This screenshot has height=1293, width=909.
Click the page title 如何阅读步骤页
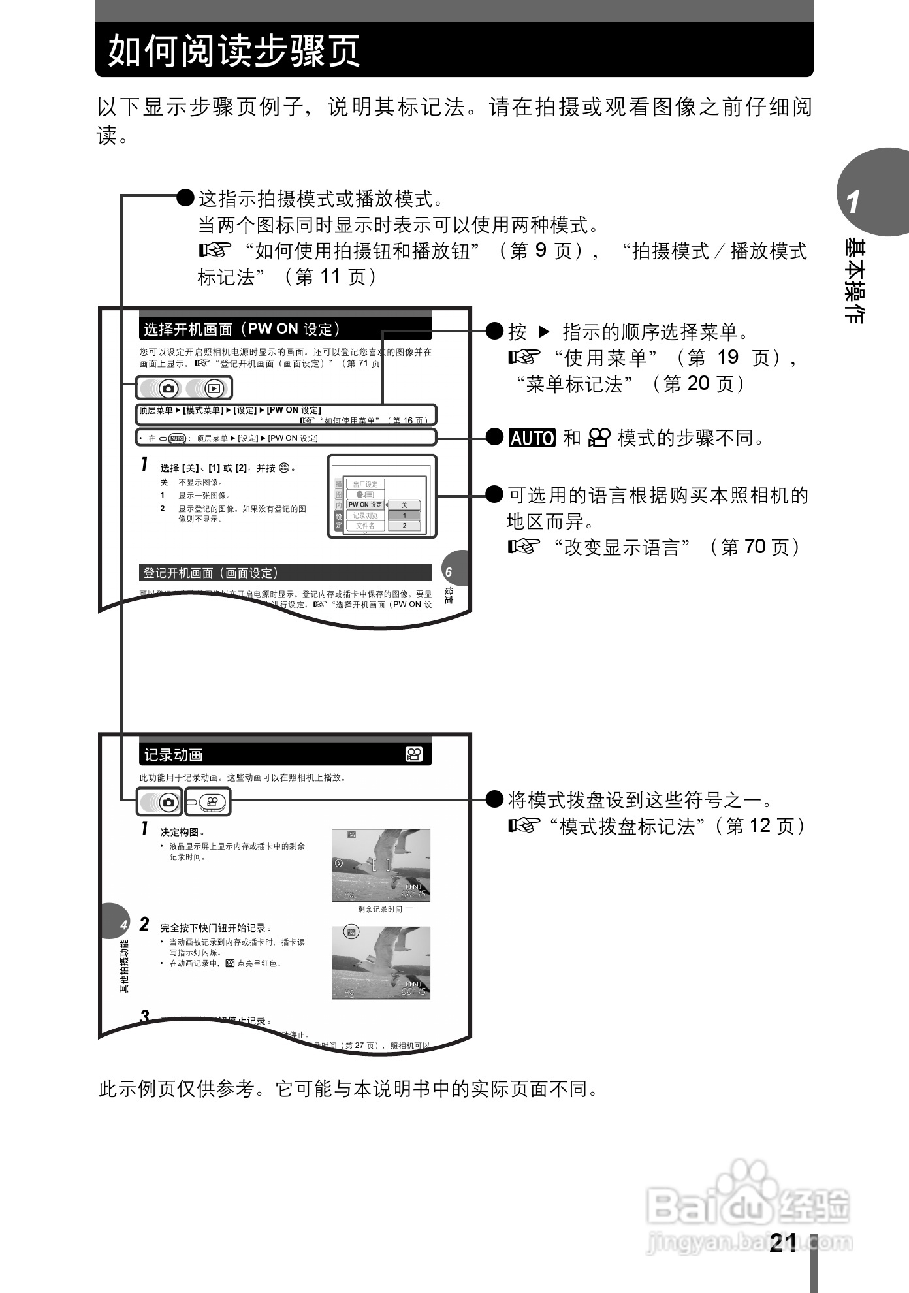(234, 50)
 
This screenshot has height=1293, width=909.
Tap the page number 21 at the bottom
(783, 1242)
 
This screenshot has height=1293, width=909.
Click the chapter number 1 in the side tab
(853, 202)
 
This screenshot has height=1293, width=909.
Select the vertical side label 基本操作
(855, 281)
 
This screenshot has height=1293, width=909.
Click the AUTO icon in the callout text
(532, 438)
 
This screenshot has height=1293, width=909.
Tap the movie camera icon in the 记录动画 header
(414, 755)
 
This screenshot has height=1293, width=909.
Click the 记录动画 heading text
(174, 756)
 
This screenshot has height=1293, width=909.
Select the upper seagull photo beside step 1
(381, 865)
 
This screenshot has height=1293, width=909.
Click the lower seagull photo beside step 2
(381, 963)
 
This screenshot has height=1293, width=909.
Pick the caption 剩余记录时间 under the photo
(380, 909)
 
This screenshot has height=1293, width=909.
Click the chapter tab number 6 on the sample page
(449, 573)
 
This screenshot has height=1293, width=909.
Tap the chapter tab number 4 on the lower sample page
(123, 925)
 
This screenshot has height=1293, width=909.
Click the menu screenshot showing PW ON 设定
(381, 496)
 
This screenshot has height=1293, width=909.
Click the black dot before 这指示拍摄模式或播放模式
(186, 197)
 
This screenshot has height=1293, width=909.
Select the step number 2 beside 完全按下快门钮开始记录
(144, 925)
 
